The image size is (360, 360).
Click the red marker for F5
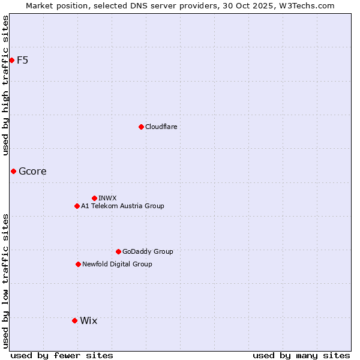click(11, 60)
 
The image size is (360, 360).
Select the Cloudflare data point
click(141, 127)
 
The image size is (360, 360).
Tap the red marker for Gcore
click(13, 171)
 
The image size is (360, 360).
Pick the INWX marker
click(94, 198)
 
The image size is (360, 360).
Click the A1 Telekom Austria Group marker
click(77, 206)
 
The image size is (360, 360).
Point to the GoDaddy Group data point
click(118, 251)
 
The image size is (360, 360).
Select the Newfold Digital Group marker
click(78, 264)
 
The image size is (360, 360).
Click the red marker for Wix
click(74, 320)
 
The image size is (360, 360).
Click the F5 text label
click(22, 60)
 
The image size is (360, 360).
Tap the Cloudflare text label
click(161, 127)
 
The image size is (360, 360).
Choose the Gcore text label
click(32, 171)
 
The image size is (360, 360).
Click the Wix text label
click(88, 320)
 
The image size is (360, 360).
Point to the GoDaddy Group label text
click(148, 251)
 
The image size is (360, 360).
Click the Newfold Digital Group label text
click(117, 264)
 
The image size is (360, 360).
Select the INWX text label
click(107, 198)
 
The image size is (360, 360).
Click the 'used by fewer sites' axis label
click(62, 355)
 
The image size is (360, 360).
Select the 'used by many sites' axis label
click(301, 355)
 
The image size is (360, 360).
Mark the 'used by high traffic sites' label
click(5, 85)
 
